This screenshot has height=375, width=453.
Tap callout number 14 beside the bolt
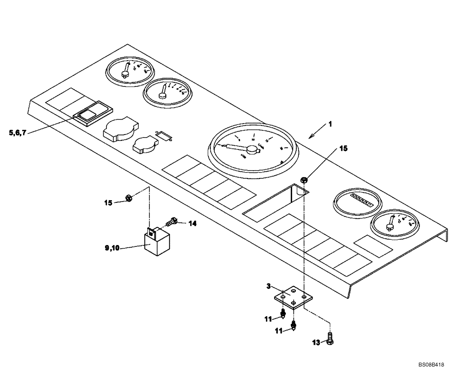[x=193, y=223]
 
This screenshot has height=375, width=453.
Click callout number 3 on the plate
[x=269, y=286]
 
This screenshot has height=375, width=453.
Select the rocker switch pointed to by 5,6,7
[x=92, y=113]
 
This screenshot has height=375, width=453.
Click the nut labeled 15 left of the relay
[x=128, y=198]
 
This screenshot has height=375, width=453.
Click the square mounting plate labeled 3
[x=293, y=297]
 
